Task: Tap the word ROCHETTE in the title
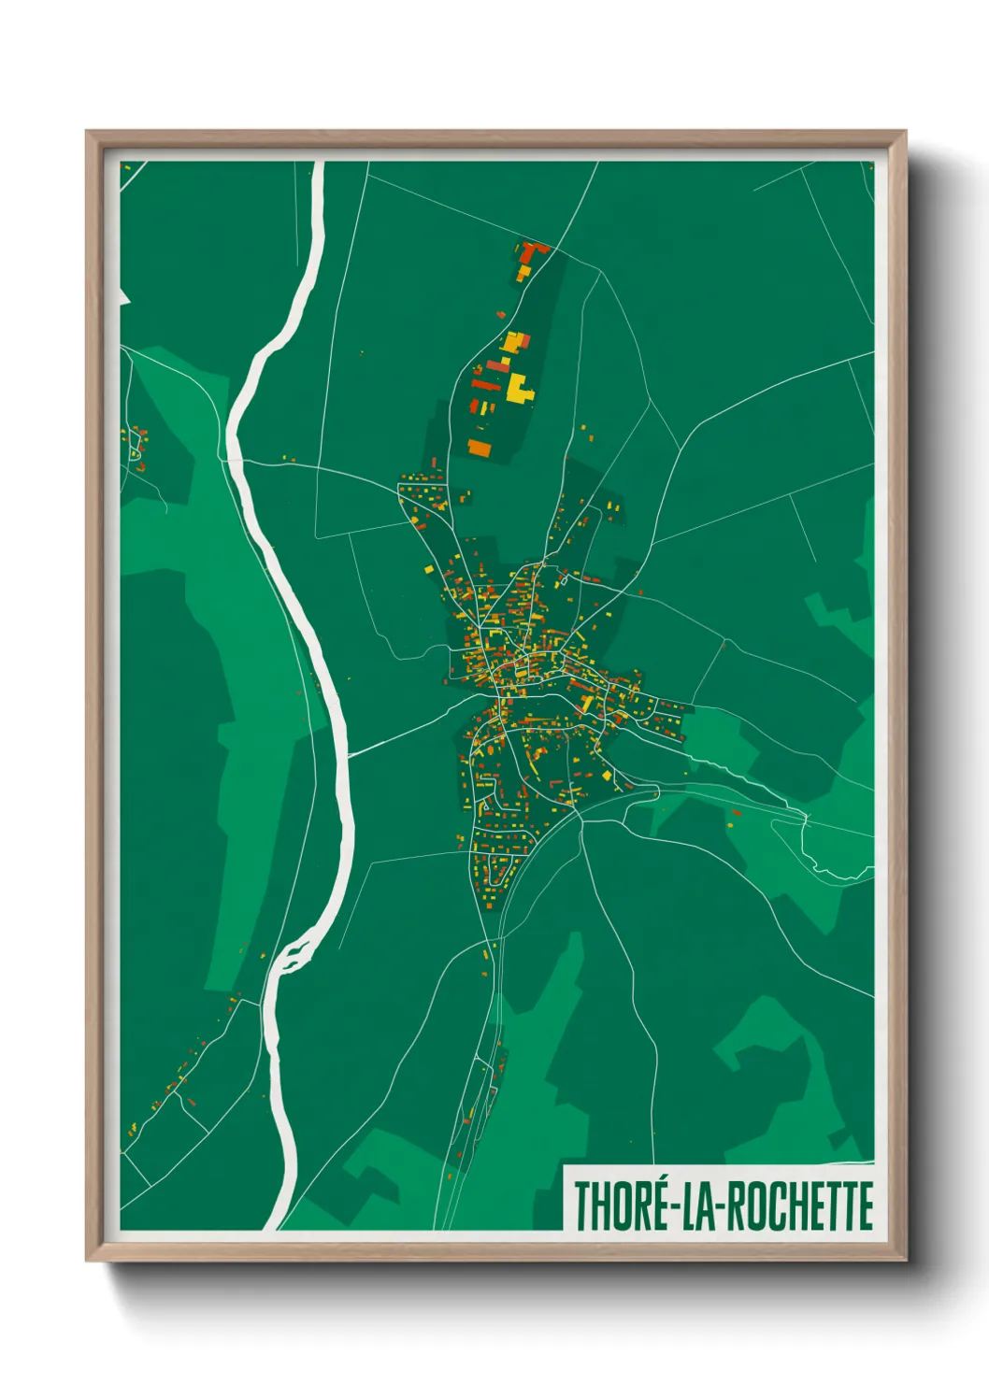800,1206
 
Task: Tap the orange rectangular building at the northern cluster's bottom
480,448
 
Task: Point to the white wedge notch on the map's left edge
123,298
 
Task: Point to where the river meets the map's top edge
319,164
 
